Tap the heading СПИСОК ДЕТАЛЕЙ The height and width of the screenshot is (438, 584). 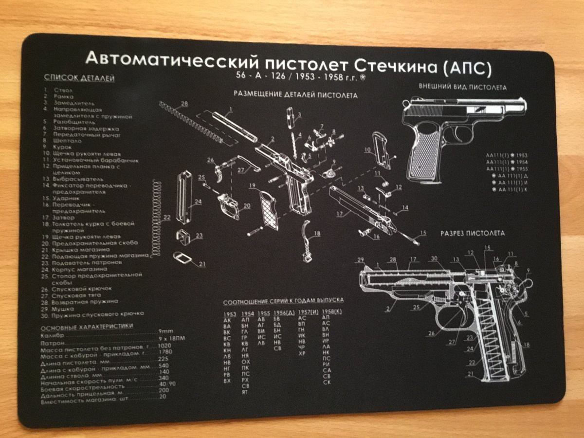(x=79, y=78)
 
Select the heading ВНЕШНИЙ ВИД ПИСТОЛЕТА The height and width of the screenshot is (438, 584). (x=462, y=87)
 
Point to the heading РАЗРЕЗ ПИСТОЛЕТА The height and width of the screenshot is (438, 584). (x=472, y=233)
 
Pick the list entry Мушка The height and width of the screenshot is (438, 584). (x=65, y=309)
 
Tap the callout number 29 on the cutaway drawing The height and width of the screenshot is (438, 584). (x=360, y=259)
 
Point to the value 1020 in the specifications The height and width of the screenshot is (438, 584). (x=165, y=345)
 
